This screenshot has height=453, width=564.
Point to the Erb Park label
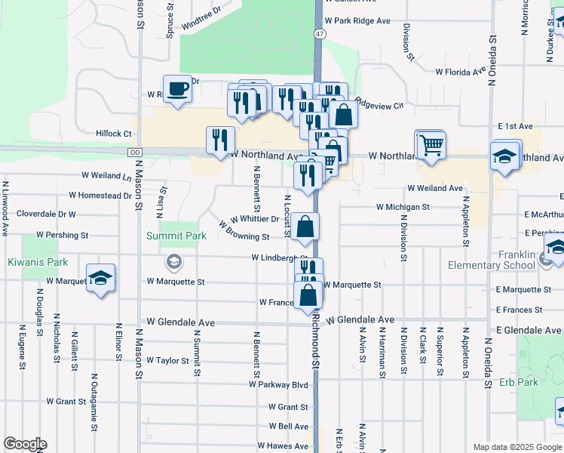click(519, 382)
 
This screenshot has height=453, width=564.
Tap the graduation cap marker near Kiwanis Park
click(101, 279)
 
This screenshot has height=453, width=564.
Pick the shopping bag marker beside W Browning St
click(305, 227)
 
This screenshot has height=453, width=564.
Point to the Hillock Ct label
click(114, 134)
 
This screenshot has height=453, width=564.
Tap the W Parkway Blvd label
click(279, 385)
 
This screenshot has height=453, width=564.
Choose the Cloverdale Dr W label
click(46, 214)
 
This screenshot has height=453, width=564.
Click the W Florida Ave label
click(460, 72)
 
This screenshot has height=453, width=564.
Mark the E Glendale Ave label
click(529, 331)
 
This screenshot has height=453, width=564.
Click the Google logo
click(24, 444)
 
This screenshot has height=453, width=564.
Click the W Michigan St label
click(403, 207)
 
